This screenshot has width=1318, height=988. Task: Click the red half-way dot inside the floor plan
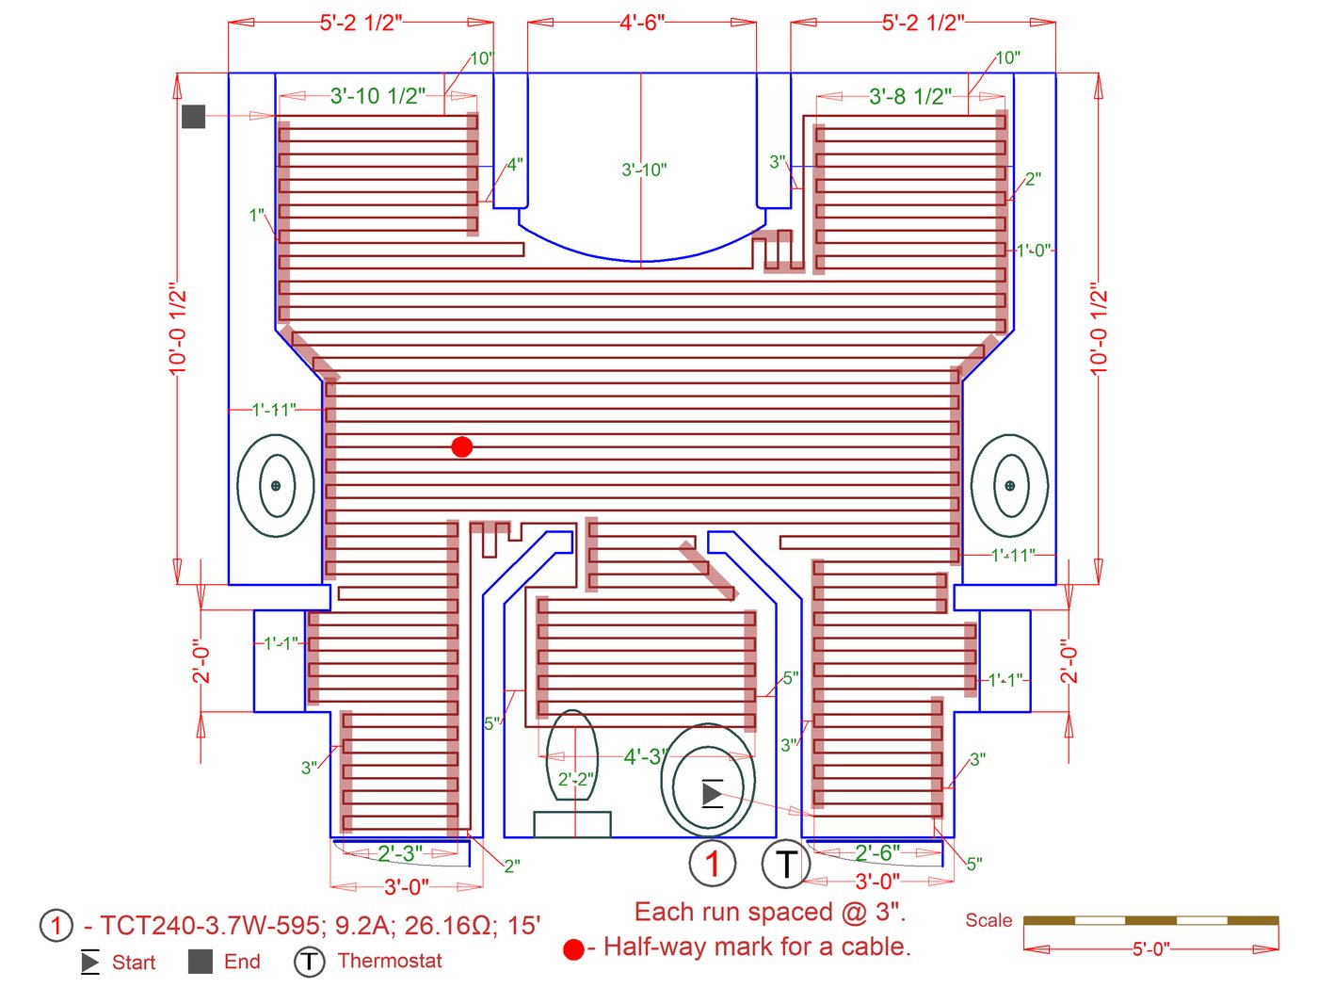[x=461, y=446]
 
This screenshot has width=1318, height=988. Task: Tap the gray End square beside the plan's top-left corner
[x=193, y=117]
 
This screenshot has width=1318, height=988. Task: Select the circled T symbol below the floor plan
[x=785, y=864]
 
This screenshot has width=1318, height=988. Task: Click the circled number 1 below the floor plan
[x=712, y=864]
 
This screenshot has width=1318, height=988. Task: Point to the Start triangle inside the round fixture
[x=712, y=794]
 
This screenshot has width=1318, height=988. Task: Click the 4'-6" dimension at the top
[x=642, y=23]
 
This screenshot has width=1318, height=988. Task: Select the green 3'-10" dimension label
[x=644, y=170]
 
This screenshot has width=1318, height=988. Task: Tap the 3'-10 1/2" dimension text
[x=378, y=95]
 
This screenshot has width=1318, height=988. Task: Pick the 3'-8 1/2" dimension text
[x=910, y=95]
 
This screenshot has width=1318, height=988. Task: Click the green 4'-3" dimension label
[x=646, y=756]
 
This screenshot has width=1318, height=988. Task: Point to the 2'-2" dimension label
[x=576, y=780]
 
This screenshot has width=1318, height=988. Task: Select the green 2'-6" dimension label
[x=877, y=852]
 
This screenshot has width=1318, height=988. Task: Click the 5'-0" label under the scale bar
[x=1151, y=949]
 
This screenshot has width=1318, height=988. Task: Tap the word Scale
[x=988, y=920]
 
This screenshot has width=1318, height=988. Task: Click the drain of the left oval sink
[x=276, y=485]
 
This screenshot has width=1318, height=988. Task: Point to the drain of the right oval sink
[x=1009, y=485]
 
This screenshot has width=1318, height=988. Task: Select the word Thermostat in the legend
[x=389, y=961]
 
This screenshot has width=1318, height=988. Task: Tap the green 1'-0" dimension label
[x=1034, y=251]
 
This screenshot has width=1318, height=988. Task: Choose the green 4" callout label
[x=515, y=165]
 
